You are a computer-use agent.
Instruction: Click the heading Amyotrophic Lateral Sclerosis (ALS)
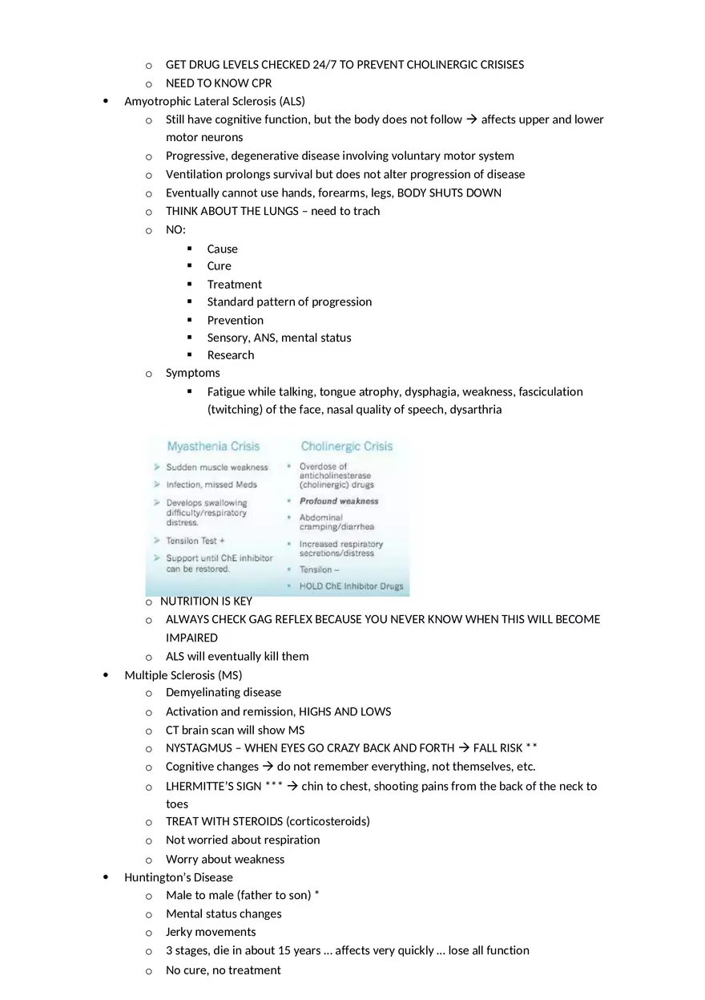[x=214, y=101]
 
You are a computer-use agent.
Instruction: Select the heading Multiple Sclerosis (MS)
[x=183, y=675]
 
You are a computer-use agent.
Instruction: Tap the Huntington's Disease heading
[x=178, y=877]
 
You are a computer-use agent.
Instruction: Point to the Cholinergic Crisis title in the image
[x=346, y=447]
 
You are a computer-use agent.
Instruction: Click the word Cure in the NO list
[x=219, y=266]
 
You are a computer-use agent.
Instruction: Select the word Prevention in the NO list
[x=235, y=320]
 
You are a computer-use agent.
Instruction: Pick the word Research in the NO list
[x=230, y=355]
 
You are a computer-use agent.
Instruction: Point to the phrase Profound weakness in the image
[x=339, y=501]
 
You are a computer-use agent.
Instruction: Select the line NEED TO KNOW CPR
[x=218, y=83]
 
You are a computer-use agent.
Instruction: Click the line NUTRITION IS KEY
[x=206, y=601]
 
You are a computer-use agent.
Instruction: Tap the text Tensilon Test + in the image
[x=195, y=541]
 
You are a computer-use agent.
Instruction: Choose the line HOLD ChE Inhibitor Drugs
[x=351, y=586]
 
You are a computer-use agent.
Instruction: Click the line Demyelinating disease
[x=223, y=693]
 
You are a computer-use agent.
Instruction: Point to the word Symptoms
[x=192, y=373]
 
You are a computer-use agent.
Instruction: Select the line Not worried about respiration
[x=242, y=840]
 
